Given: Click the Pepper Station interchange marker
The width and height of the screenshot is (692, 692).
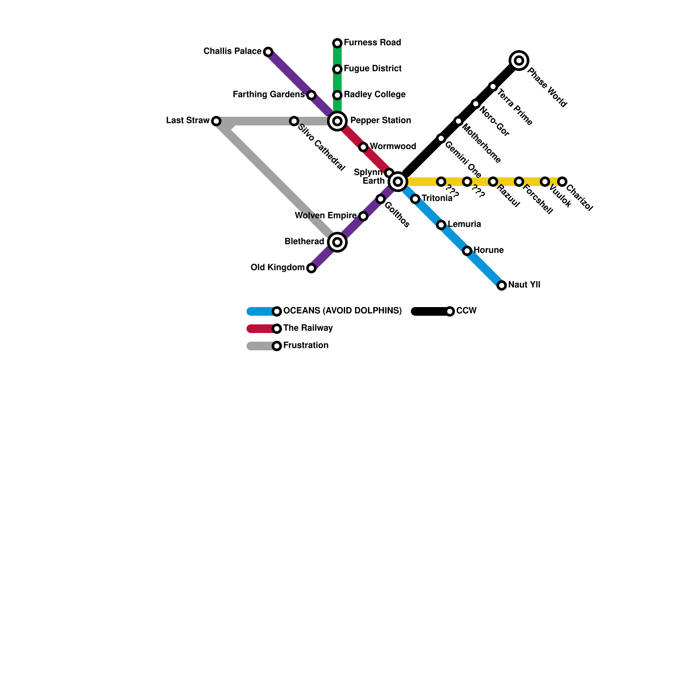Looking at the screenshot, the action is (x=337, y=121).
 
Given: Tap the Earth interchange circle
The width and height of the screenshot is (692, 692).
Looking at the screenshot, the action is (x=398, y=181).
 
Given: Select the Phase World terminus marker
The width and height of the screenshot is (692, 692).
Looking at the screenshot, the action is (x=519, y=60).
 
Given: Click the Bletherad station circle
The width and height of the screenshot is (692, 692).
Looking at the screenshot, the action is (x=337, y=242).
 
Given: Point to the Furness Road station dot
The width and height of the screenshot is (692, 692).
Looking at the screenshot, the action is (x=337, y=43).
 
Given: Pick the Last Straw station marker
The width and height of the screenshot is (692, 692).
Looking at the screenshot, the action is (x=216, y=121).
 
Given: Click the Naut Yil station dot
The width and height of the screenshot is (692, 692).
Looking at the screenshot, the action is (x=502, y=285).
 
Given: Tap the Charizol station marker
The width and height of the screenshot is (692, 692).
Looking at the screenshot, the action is (x=562, y=181).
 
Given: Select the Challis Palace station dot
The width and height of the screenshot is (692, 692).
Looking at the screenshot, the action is (x=268, y=52).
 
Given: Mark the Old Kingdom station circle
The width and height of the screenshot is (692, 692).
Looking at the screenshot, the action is (x=311, y=268).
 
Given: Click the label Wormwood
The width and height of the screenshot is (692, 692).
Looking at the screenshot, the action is (x=393, y=146).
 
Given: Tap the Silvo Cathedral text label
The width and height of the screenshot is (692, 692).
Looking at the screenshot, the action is (x=321, y=148).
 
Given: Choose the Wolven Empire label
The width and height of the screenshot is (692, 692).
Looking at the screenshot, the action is (x=326, y=215).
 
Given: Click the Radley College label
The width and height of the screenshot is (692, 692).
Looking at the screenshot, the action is (x=375, y=94).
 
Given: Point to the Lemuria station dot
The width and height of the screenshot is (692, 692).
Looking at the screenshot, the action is (x=441, y=224).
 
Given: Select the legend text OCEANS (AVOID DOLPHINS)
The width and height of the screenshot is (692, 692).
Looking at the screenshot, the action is (x=343, y=311).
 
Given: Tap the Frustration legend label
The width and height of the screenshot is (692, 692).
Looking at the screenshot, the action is (x=306, y=345).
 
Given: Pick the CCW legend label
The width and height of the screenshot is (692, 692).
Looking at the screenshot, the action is (x=466, y=311).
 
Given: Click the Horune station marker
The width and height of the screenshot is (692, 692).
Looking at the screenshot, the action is (x=467, y=250).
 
